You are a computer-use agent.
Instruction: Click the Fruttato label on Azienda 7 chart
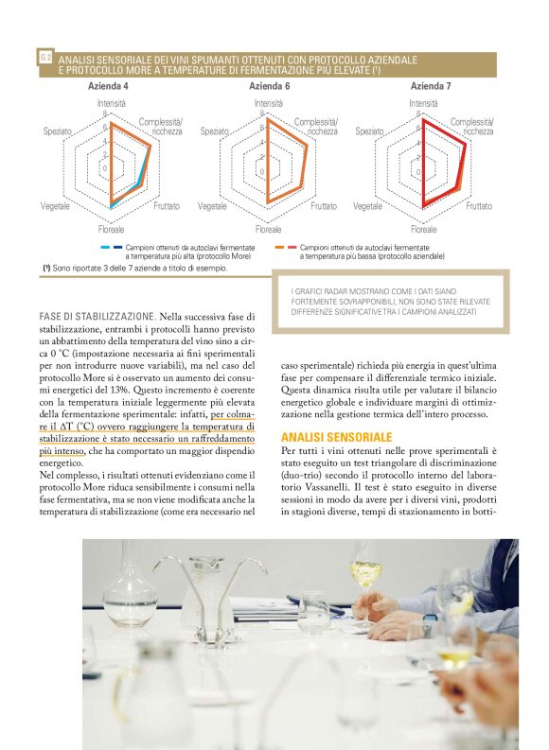(478, 205)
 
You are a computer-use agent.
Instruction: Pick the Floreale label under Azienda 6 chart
(268, 230)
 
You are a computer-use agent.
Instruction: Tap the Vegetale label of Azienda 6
(213, 205)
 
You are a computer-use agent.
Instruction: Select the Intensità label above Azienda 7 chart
(423, 102)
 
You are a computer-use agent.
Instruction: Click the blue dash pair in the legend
(111, 247)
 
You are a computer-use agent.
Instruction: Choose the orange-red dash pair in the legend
(285, 247)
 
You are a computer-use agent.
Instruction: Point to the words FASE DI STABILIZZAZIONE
(97, 315)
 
